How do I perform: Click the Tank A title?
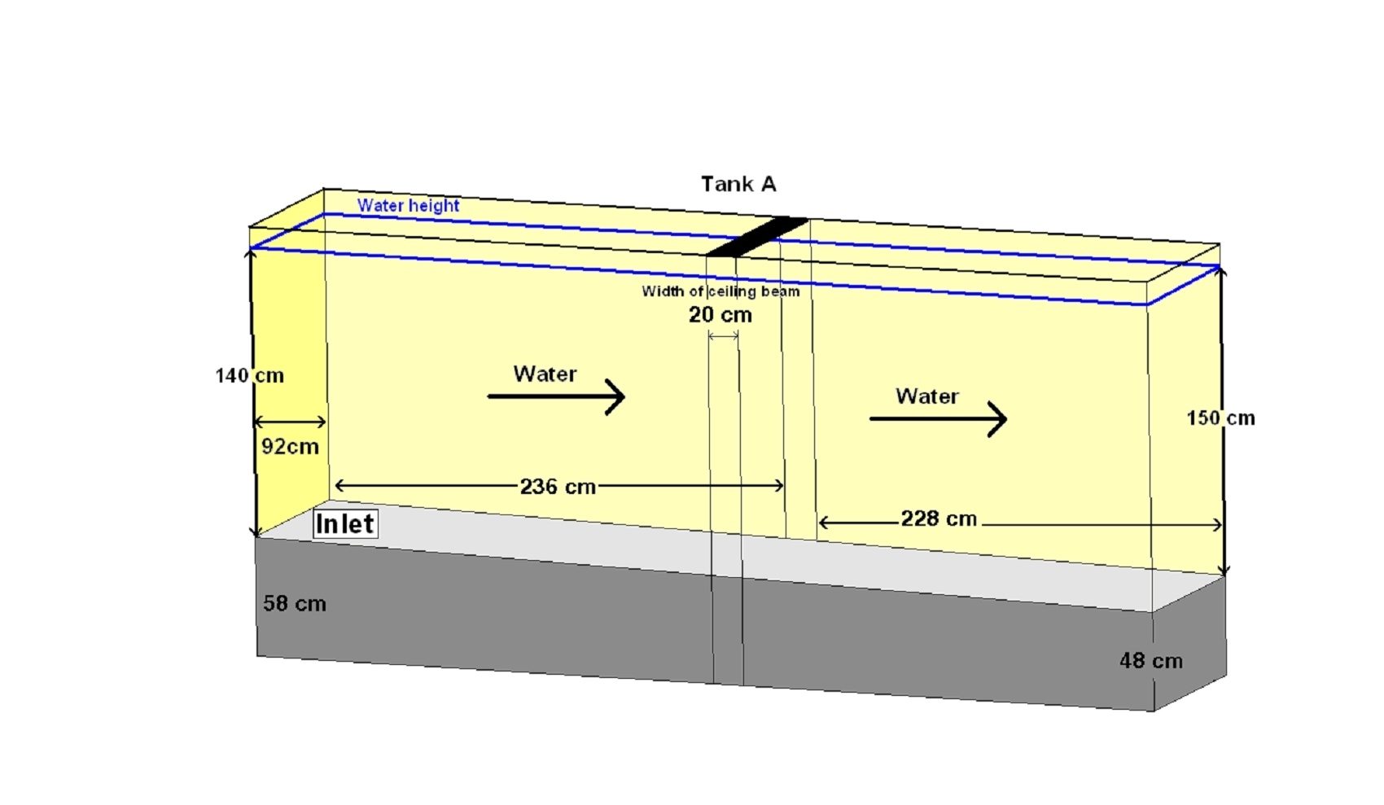pos(738,184)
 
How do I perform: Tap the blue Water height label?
pos(409,206)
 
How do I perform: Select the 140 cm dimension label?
pos(250,375)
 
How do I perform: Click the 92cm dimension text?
pos(291,447)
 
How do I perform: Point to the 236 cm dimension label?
pos(558,487)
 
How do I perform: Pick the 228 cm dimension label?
pos(939,518)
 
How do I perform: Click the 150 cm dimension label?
pos(1221,418)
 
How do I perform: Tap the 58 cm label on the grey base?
pos(295,604)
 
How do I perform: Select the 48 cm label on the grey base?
pos(1151,661)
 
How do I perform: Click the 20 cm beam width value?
pos(720,315)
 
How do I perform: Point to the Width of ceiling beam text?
pos(721,291)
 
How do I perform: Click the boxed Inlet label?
pos(345,524)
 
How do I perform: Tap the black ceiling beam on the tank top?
pos(757,237)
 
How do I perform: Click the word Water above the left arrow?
pos(545,374)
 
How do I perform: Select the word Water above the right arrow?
pos(927,396)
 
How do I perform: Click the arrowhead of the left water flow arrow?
pos(616,396)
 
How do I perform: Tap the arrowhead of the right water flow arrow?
pos(999,419)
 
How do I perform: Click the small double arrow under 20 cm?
pos(723,336)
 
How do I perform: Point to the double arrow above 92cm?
pos(290,422)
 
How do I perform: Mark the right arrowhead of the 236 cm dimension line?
pos(780,486)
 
